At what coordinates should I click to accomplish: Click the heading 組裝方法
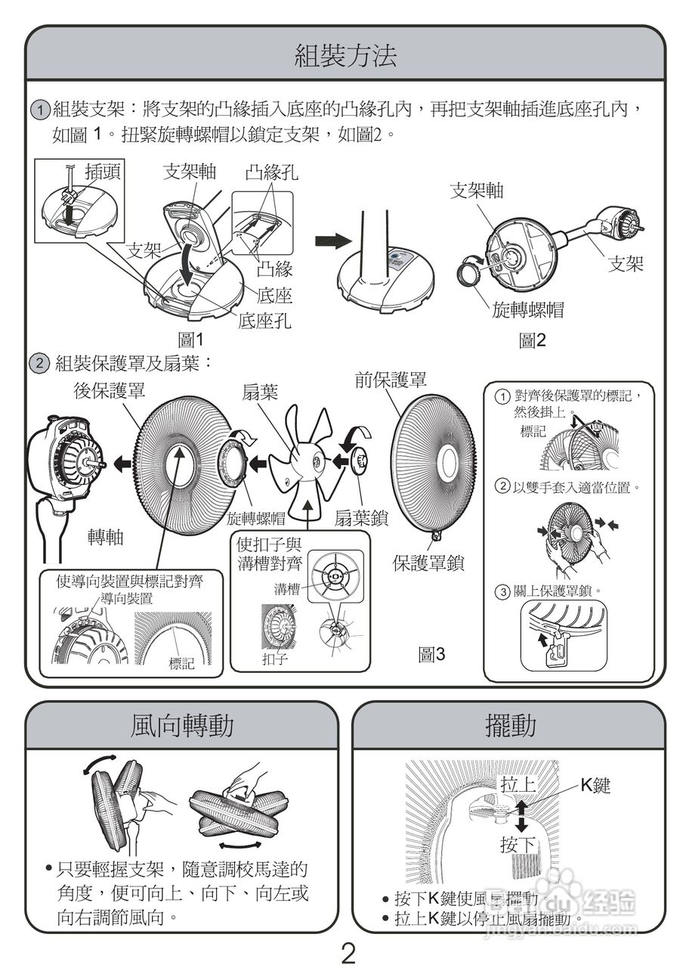pyautogui.click(x=345, y=56)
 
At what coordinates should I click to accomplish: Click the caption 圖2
pyautogui.click(x=532, y=341)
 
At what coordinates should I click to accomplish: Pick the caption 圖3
pyautogui.click(x=432, y=655)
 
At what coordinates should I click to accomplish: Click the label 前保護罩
pyautogui.click(x=391, y=380)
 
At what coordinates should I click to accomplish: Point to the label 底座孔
pyautogui.click(x=264, y=321)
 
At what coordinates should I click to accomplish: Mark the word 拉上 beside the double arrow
pyautogui.click(x=518, y=784)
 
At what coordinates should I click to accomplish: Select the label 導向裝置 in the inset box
pyautogui.click(x=126, y=599)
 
